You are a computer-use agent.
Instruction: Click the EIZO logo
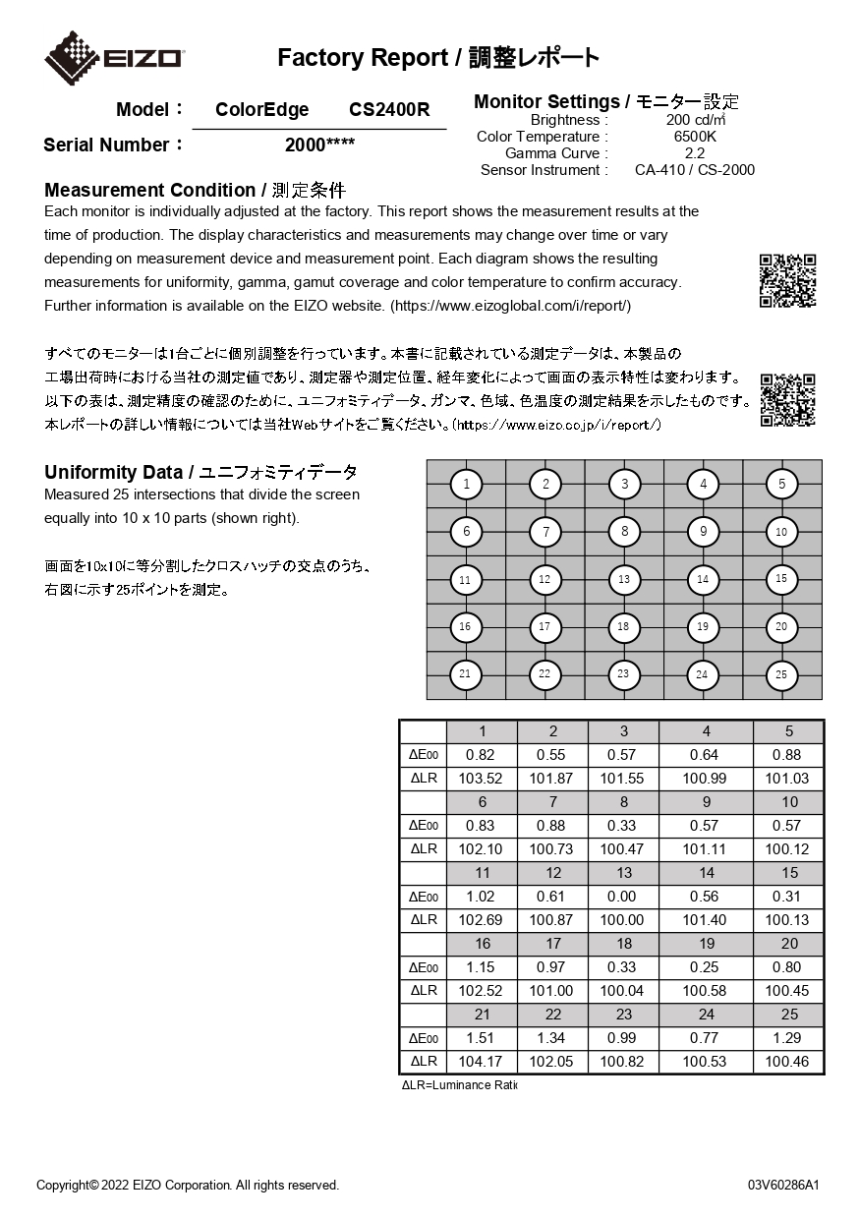(x=114, y=57)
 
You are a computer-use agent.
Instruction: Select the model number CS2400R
(x=389, y=110)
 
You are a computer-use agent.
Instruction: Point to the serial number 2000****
(x=319, y=145)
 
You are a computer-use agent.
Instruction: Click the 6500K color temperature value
(x=695, y=137)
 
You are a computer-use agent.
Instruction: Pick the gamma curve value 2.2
(x=695, y=153)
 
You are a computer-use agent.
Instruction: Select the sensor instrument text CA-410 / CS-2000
(x=695, y=170)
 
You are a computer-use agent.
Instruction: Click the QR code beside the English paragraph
(x=787, y=280)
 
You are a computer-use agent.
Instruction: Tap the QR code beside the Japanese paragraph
(x=787, y=399)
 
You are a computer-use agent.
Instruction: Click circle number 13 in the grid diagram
(x=624, y=580)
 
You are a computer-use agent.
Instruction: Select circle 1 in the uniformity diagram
(x=466, y=484)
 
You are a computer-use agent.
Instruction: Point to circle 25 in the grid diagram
(x=781, y=674)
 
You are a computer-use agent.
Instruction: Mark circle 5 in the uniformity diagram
(x=781, y=484)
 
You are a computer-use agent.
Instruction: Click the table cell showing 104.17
(x=481, y=1062)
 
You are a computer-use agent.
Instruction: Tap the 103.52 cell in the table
(x=481, y=779)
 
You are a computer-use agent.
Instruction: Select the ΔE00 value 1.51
(x=481, y=1038)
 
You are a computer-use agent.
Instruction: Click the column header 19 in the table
(x=705, y=944)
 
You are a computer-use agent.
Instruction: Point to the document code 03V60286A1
(x=783, y=1185)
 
